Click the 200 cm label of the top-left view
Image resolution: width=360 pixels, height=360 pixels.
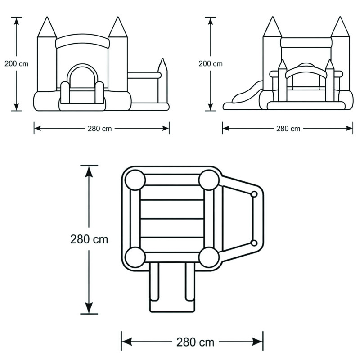(17, 63)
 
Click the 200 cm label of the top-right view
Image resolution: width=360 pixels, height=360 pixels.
(211, 63)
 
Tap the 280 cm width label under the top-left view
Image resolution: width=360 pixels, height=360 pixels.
(99, 129)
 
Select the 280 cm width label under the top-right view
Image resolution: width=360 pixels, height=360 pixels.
(288, 129)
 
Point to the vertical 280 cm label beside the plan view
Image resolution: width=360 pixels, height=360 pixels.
(89, 239)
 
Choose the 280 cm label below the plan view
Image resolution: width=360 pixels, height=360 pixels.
(195, 342)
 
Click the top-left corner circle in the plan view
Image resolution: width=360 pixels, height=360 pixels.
(135, 180)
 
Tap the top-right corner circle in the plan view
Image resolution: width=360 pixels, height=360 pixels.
(209, 180)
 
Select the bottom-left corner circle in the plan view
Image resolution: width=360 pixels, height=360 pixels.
(135, 257)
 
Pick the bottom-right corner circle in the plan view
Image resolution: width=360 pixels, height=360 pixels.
(209, 257)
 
